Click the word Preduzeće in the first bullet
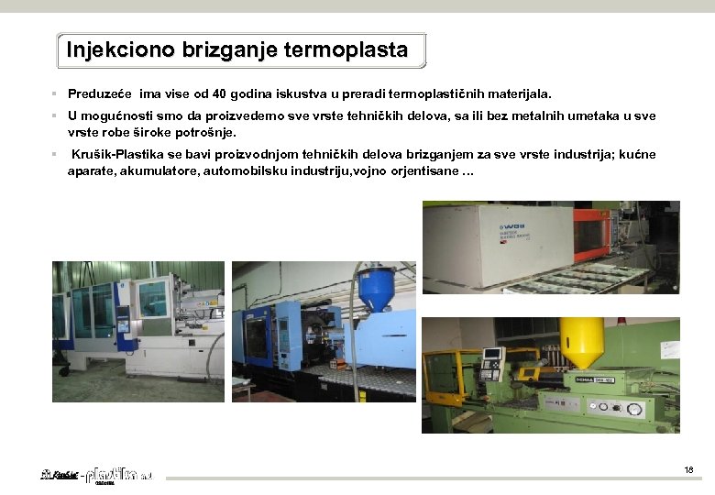point(101,93)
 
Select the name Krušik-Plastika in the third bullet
point(113,155)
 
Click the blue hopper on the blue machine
point(377,291)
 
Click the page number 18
point(688,470)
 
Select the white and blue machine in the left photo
point(128,316)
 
